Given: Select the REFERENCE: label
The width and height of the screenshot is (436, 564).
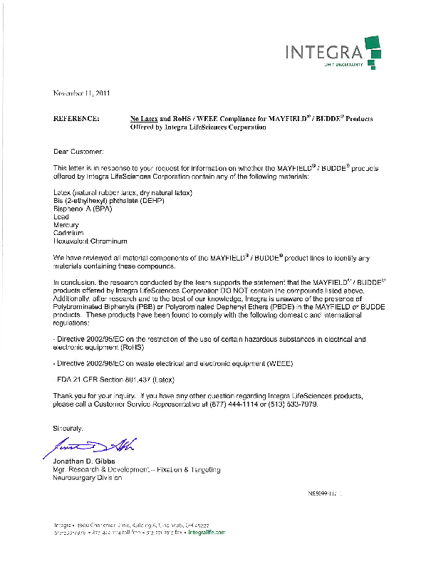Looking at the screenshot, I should click(x=76, y=118).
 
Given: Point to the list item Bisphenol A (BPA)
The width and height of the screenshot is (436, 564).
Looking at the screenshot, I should click(x=83, y=209).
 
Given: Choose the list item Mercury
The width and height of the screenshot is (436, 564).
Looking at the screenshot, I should click(x=67, y=225).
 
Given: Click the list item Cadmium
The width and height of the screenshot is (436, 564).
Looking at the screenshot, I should click(x=68, y=233).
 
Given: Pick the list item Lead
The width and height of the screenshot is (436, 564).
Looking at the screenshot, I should click(x=62, y=217).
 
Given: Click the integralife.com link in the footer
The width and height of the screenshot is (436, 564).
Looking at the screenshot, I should click(x=207, y=532).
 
